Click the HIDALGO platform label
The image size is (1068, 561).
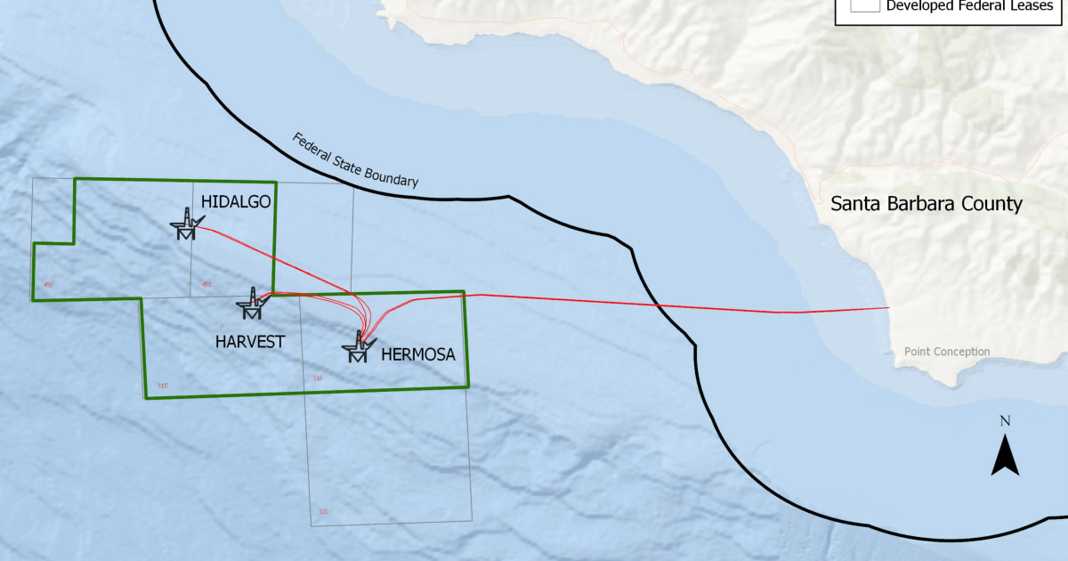[236, 202]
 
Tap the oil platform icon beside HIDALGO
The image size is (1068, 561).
[187, 224]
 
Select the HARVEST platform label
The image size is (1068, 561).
[250, 341]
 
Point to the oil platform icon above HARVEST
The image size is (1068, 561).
[252, 304]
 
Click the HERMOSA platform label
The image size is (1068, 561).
[418, 354]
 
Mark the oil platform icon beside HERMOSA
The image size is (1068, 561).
[359, 346]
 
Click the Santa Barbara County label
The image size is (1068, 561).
[926, 204]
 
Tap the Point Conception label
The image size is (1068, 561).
[947, 352]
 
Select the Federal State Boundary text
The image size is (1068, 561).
[355, 160]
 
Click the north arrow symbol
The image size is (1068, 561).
[1005, 455]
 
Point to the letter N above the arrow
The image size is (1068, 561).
[1005, 420]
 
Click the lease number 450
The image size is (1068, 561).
[49, 285]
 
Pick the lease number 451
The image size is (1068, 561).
[207, 285]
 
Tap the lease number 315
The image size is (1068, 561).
[161, 386]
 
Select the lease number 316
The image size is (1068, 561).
[318, 378]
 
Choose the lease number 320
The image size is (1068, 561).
[323, 512]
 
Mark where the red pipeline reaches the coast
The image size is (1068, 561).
[888, 308]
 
